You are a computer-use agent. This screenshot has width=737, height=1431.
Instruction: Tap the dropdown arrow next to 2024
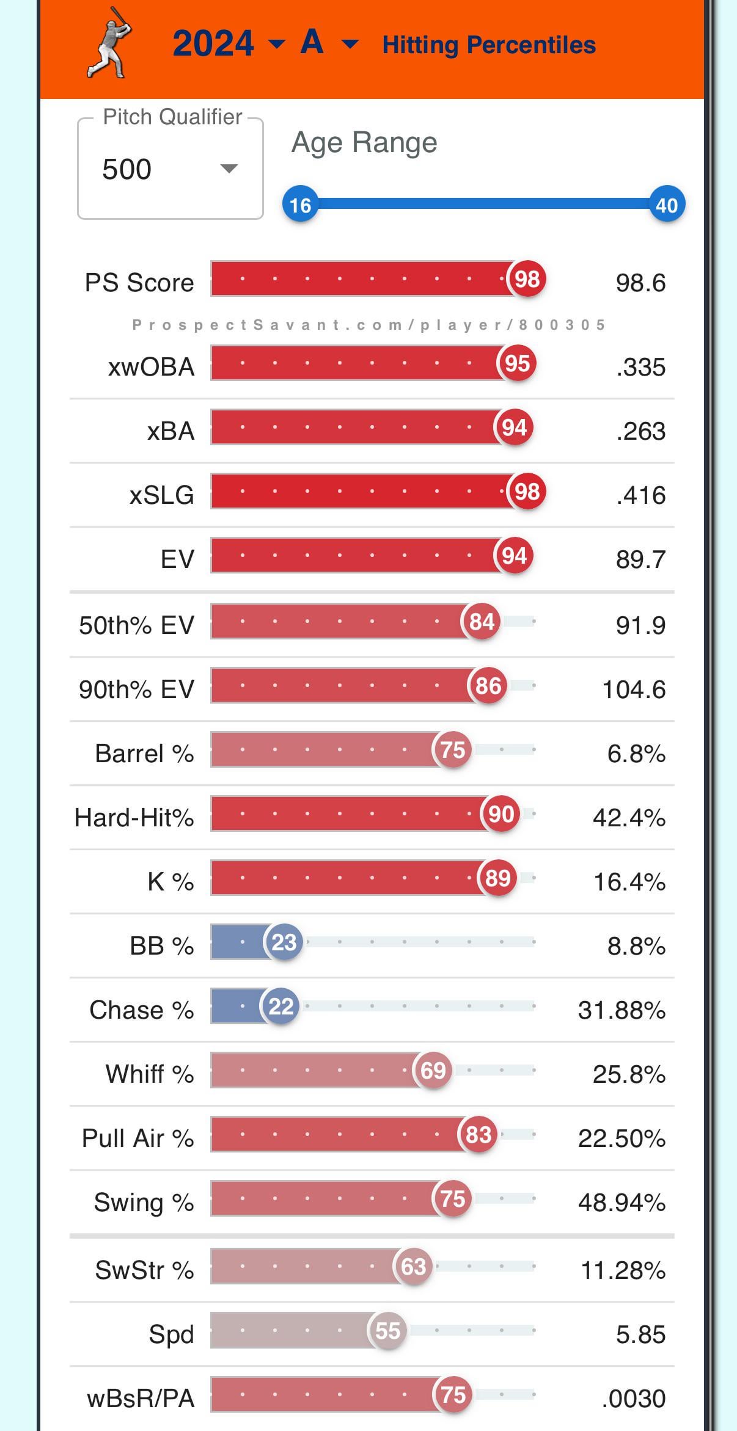(x=276, y=43)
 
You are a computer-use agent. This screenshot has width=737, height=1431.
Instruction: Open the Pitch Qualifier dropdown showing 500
(x=170, y=169)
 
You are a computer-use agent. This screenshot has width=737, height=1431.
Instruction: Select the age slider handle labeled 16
(x=300, y=205)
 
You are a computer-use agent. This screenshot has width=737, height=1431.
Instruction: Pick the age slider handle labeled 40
(x=666, y=205)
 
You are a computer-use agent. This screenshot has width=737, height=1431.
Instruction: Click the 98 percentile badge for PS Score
(x=527, y=279)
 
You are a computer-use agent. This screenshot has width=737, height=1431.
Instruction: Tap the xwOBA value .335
(x=640, y=367)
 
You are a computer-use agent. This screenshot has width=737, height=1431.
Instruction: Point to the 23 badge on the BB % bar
(x=284, y=942)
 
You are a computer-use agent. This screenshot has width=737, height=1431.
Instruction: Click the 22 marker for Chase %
(x=280, y=1006)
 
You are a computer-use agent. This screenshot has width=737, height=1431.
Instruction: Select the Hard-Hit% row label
(x=134, y=817)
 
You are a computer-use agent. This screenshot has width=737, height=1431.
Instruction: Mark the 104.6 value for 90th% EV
(x=634, y=690)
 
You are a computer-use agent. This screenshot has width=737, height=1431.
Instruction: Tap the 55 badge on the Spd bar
(x=387, y=1330)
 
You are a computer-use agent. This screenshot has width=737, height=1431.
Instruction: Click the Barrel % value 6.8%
(x=636, y=754)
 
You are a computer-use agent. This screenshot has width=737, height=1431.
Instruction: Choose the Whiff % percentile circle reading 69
(x=433, y=1070)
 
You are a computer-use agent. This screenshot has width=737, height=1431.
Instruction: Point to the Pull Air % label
(x=137, y=1138)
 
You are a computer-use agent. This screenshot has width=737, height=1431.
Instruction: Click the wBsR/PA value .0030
(x=634, y=1398)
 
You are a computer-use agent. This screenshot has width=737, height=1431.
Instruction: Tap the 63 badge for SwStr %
(x=413, y=1266)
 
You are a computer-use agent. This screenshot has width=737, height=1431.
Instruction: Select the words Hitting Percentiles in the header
(x=489, y=45)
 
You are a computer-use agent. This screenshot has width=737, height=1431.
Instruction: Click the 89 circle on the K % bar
(x=497, y=878)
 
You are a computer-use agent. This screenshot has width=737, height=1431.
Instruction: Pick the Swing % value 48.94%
(x=621, y=1202)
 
